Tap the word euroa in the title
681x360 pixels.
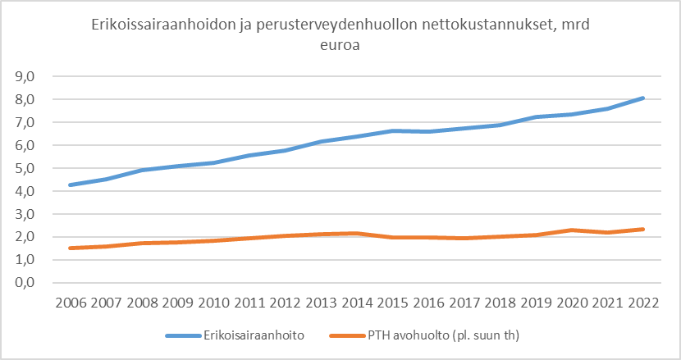(340, 47)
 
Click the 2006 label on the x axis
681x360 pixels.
(72, 302)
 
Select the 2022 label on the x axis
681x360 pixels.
(644, 302)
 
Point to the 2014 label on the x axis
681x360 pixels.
(358, 302)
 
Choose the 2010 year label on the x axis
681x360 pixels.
(215, 302)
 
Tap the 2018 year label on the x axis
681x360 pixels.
(501, 302)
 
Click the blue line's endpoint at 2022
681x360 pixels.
(644, 98)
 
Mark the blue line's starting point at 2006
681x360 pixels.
(72, 185)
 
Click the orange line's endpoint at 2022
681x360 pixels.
(644, 229)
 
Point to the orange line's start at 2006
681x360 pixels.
(72, 248)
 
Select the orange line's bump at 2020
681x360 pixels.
(573, 230)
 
